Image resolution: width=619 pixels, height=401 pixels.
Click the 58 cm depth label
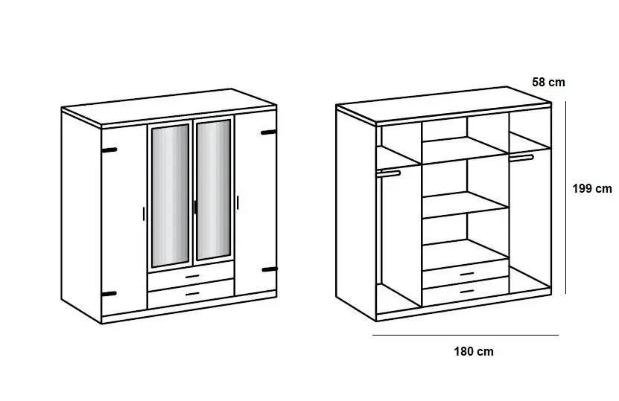pos(548,83)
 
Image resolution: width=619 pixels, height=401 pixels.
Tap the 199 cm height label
pos(591,189)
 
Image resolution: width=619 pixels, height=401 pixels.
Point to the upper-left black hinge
pos(109,150)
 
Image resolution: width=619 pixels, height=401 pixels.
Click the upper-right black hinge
pos(268,133)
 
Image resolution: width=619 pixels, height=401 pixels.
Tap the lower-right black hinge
pos(268,269)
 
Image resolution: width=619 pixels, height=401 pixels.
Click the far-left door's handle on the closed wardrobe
pos(142,213)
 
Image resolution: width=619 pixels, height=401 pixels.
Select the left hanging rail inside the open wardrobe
pos(389,173)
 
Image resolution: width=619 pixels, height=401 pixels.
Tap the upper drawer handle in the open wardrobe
pos(467,273)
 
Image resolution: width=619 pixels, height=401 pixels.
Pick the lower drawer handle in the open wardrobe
pos(467,289)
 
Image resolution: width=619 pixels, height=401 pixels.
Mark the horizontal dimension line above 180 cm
pos(465,336)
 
